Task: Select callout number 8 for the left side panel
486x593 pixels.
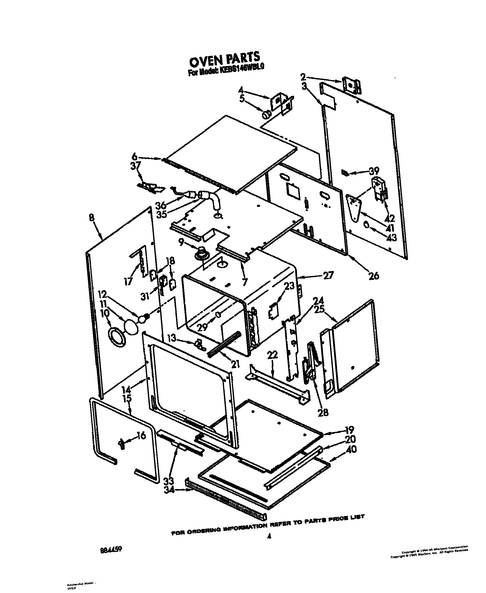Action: (92, 218)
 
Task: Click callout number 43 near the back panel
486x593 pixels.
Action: (391, 238)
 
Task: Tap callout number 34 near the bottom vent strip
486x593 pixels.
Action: (169, 490)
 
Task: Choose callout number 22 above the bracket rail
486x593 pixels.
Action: (272, 355)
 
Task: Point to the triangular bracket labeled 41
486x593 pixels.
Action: (354, 209)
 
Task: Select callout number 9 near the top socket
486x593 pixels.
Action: (181, 242)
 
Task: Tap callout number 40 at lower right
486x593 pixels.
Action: (351, 449)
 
